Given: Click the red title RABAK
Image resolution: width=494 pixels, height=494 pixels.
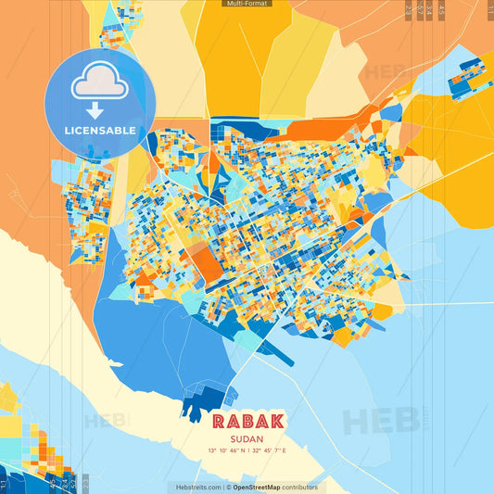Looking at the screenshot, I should pyautogui.click(x=247, y=421).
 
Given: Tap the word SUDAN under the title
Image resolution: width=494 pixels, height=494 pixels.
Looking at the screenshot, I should pyautogui.click(x=247, y=437).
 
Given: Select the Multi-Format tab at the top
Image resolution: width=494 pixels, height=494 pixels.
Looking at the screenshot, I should pyautogui.click(x=247, y=4).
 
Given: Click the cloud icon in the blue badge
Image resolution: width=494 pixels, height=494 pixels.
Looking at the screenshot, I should pyautogui.click(x=100, y=82).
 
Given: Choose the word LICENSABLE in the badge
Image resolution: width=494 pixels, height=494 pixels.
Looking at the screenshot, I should pyautogui.click(x=100, y=131).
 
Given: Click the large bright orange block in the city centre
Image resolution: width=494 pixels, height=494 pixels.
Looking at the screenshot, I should pyautogui.click(x=207, y=263).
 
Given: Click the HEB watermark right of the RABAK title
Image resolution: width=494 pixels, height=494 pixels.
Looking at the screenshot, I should pyautogui.click(x=380, y=422).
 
